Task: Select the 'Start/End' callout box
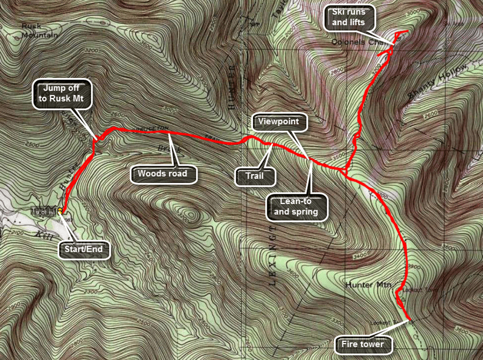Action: (x=85, y=248)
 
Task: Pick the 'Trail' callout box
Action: (x=254, y=177)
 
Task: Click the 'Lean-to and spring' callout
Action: (x=297, y=207)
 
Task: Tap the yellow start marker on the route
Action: (x=61, y=213)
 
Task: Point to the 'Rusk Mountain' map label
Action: (x=39, y=31)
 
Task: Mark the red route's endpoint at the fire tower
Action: (x=411, y=318)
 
